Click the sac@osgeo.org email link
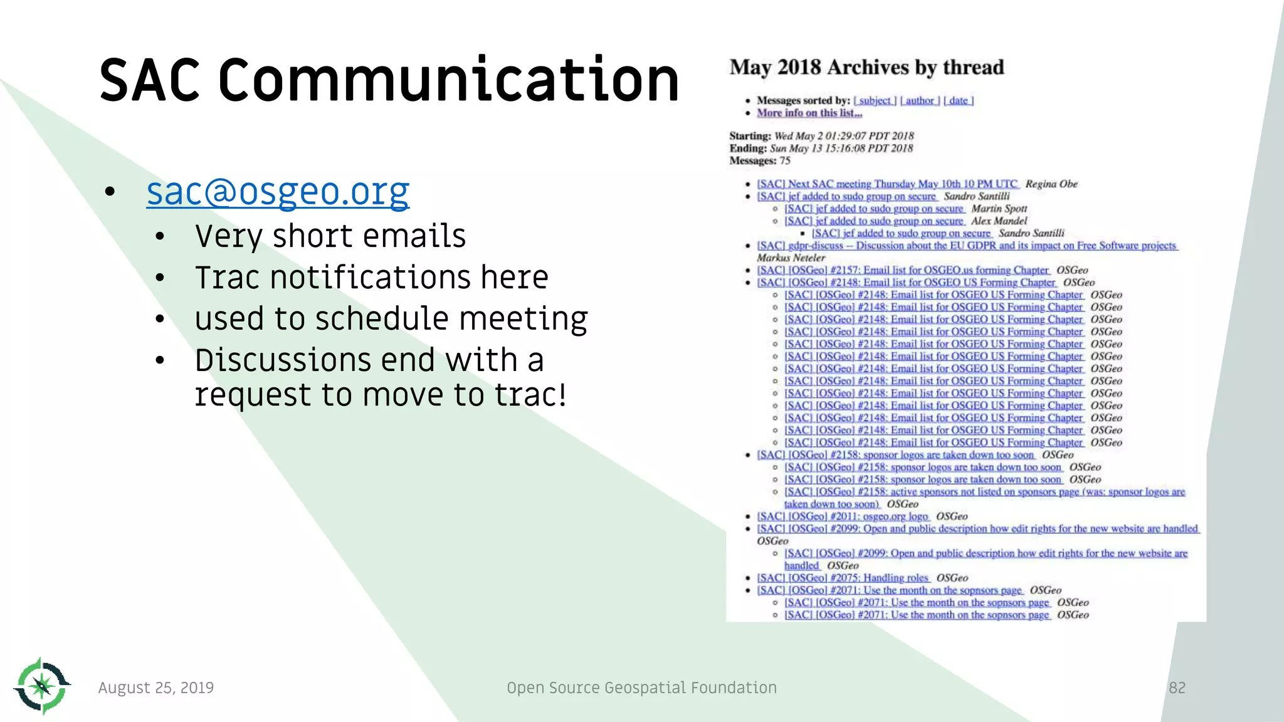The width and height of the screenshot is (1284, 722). point(278,192)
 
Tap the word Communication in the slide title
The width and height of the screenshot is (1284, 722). point(448,80)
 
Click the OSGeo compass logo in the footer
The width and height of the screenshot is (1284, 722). point(42,686)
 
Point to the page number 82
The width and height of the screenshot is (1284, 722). point(1177,688)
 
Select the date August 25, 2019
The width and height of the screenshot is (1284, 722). point(156,688)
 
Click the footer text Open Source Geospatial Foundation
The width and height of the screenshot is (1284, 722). point(641,688)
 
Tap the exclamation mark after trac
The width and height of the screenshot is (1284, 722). point(562,395)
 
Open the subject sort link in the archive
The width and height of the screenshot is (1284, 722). point(875,100)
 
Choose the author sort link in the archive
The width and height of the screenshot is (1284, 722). point(920,100)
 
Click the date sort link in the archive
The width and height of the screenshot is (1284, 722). point(958,100)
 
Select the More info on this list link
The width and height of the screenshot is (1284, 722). point(809,113)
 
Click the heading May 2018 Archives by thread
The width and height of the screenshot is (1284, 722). point(866,67)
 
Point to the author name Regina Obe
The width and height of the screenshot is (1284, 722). point(1051,184)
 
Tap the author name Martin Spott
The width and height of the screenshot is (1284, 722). point(999,208)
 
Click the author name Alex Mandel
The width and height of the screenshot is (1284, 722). point(999,221)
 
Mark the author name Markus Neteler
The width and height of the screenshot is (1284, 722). point(791,258)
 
